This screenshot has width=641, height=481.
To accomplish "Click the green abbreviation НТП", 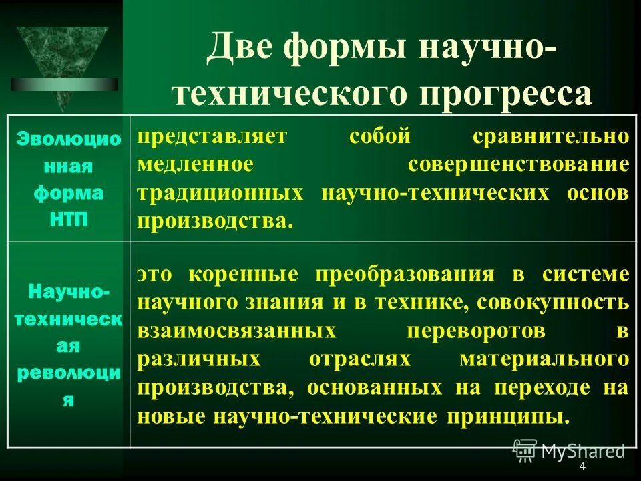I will (x=69, y=220).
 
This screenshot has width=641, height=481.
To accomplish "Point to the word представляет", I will (x=212, y=136).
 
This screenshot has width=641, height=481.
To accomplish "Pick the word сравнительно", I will (x=551, y=136).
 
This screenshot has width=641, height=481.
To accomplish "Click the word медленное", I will (x=195, y=164).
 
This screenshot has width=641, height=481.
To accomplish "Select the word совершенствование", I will (x=519, y=164).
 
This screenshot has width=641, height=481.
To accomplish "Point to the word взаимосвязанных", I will (x=235, y=331).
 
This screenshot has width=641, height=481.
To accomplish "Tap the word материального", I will (x=544, y=359).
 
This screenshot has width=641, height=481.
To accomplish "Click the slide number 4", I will (x=582, y=466).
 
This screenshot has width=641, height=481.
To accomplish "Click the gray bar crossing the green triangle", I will (x=63, y=84).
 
